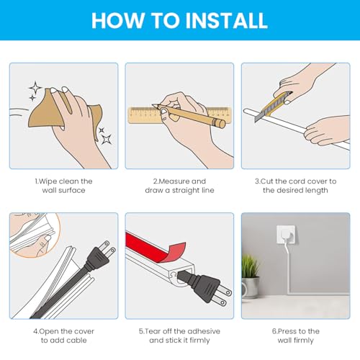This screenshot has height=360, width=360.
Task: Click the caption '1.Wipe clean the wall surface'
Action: pyautogui.click(x=63, y=186)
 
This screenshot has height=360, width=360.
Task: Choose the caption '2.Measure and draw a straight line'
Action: pyautogui.click(x=179, y=186)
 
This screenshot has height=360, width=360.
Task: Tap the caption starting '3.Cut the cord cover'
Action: pyautogui.click(x=295, y=186)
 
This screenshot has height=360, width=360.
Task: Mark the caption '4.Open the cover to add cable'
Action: pyautogui.click(x=63, y=336)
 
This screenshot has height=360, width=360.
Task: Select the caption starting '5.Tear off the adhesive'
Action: pyautogui.click(x=179, y=336)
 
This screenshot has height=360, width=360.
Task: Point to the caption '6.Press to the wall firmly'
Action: pyautogui.click(x=295, y=336)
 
